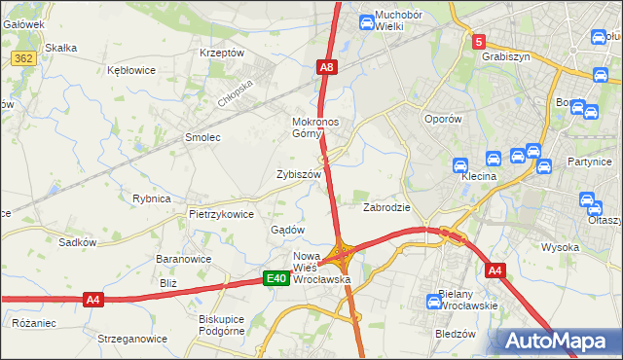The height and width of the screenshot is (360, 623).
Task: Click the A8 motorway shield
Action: point(327,67)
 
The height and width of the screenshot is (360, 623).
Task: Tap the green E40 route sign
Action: point(277,279)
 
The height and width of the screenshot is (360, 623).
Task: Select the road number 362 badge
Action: point(24,59)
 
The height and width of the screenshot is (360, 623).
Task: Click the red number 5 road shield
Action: point(478,42)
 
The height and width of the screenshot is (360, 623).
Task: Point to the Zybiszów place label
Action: point(299,174)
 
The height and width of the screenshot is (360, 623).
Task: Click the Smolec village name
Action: point(203,137)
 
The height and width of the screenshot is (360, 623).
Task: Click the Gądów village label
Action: point(288,230)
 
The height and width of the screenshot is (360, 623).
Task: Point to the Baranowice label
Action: point(184,260)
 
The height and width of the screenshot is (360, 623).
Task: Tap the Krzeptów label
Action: point(221,53)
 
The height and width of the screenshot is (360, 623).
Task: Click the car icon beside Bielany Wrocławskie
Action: point(434,302)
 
